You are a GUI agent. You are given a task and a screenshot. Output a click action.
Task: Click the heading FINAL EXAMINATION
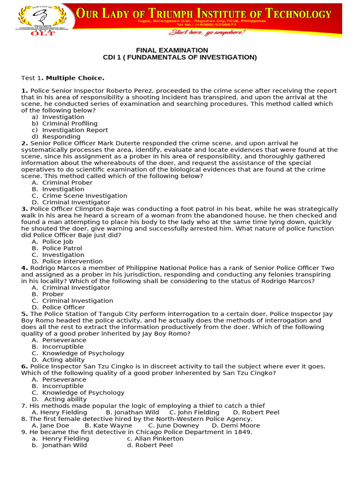[x=172, y=50]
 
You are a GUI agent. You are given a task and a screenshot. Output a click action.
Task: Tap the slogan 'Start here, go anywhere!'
[x=207, y=32]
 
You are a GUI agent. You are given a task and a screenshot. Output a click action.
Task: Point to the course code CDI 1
[x=113, y=58]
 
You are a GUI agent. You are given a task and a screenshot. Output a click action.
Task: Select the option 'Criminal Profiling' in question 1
[x=70, y=124]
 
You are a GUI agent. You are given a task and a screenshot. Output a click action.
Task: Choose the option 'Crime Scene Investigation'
[x=84, y=196]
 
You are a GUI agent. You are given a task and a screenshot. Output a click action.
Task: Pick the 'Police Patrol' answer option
[x=62, y=248]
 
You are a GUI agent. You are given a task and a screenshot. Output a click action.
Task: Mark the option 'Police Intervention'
[x=72, y=262]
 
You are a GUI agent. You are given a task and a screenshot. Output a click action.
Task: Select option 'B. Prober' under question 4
[x=52, y=294]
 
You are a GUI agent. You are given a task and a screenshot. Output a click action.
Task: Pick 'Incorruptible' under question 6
[x=63, y=386]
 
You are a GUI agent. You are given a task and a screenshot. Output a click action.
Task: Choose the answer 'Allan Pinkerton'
[x=159, y=439]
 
